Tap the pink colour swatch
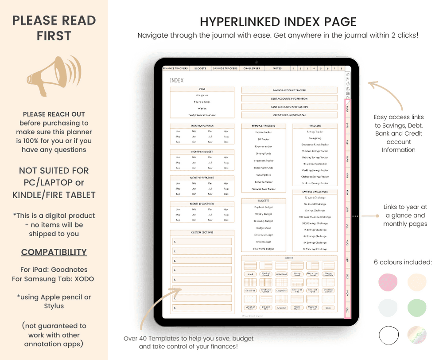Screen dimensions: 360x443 (x=388, y=282)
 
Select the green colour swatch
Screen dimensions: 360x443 (x=416, y=307)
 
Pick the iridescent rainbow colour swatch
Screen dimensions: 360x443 (x=416, y=335)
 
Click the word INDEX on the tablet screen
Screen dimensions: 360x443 (x=176, y=81)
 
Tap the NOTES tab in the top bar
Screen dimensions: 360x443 (x=277, y=69)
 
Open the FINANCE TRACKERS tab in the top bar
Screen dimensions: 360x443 (x=176, y=69)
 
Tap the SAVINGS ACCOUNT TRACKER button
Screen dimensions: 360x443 (x=289, y=90)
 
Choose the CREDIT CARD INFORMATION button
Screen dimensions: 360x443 (x=289, y=115)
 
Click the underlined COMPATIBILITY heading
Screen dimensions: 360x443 (x=54, y=252)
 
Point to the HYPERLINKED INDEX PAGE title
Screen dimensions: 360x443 (x=278, y=22)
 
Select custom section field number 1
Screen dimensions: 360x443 (x=202, y=242)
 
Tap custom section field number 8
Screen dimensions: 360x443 (x=202, y=308)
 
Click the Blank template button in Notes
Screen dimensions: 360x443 (x=328, y=308)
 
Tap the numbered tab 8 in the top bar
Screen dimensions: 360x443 (x=341, y=69)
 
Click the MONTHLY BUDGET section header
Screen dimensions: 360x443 (x=202, y=152)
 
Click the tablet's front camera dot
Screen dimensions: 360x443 (x=256, y=62)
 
